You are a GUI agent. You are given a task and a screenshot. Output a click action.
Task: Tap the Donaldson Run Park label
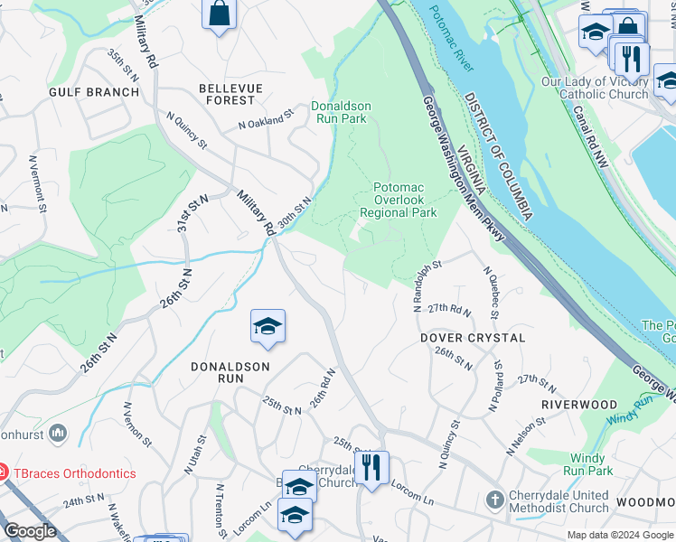click(341, 112)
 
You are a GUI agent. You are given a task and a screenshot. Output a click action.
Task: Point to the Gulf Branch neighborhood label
click(95, 92)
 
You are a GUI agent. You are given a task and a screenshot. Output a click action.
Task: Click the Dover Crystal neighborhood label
click(473, 338)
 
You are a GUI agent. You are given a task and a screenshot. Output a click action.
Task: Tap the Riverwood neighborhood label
click(579, 405)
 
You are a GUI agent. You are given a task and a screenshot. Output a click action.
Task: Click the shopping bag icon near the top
click(219, 14)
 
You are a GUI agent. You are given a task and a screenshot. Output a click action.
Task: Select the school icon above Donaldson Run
click(268, 326)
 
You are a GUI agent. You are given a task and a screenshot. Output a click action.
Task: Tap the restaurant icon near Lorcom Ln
click(371, 468)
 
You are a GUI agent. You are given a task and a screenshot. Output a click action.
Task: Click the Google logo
click(30, 531)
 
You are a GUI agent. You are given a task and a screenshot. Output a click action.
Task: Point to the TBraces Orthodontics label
click(73, 473)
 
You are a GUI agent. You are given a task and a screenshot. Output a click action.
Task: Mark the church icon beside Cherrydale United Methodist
click(494, 500)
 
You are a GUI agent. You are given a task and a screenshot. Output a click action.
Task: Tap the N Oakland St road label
click(267, 119)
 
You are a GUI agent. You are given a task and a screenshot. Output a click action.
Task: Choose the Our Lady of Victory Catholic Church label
click(595, 88)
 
